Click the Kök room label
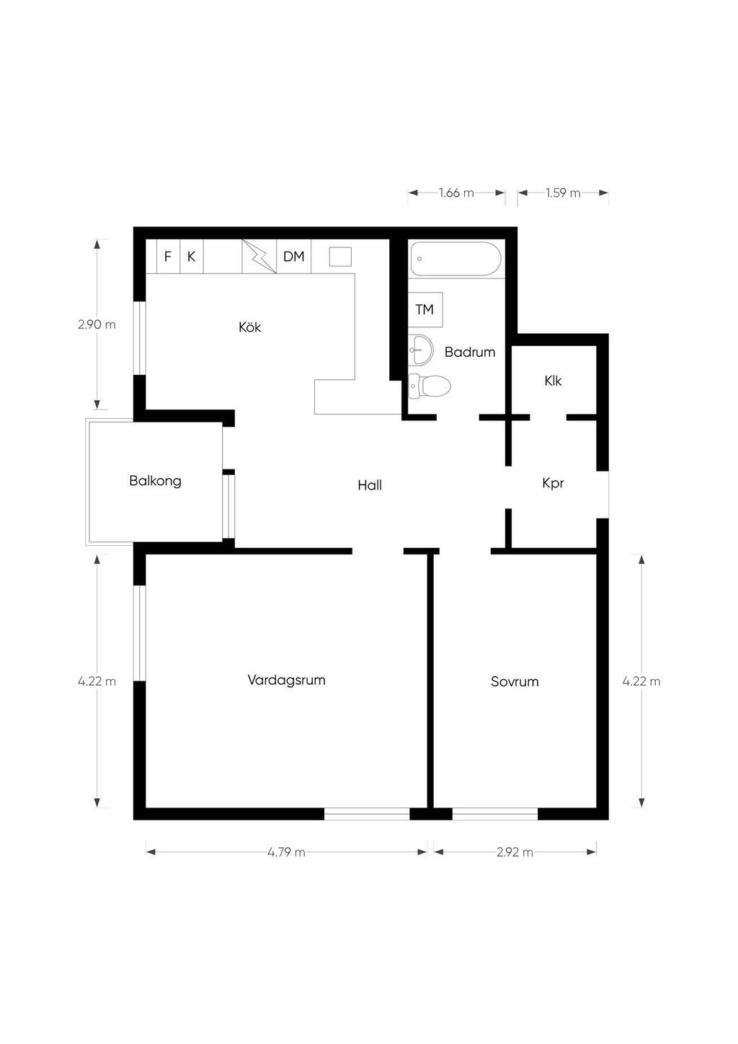(250, 327)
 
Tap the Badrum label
(470, 352)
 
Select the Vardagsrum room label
(287, 680)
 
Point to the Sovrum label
(515, 681)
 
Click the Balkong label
(155, 481)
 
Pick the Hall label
(370, 485)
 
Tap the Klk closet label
(553, 381)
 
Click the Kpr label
(553, 483)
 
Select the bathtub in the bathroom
(455, 259)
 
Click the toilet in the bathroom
(430, 386)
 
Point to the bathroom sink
(421, 350)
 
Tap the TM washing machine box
(425, 309)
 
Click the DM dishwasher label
(293, 257)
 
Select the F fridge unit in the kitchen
(168, 257)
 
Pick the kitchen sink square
(340, 257)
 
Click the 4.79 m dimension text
(286, 852)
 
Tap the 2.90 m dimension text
(97, 324)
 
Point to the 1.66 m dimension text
(456, 193)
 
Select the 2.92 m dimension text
(515, 852)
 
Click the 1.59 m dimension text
(563, 193)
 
